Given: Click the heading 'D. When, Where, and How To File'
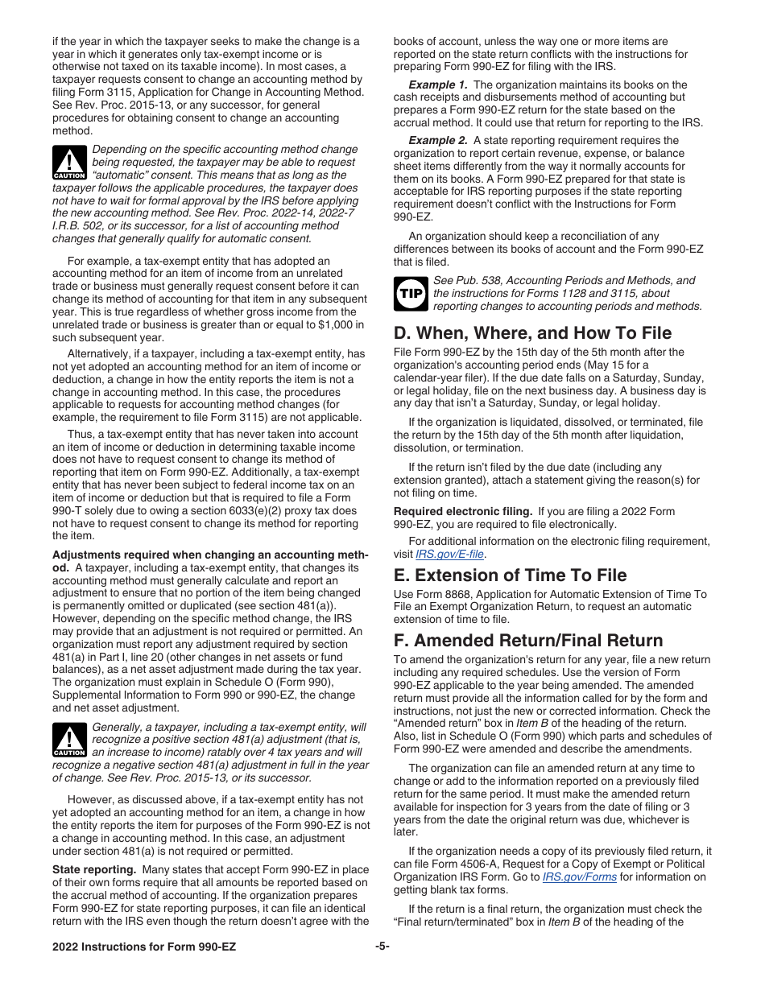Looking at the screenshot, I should [x=532, y=333].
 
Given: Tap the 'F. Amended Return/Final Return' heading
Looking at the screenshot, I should [x=528, y=641].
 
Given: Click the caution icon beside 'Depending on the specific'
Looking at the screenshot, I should [x=68, y=163].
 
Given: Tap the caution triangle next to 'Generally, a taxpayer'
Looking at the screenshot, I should [x=68, y=740].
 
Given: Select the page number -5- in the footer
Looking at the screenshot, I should [x=382, y=947].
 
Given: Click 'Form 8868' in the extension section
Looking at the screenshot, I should [x=437, y=594].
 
